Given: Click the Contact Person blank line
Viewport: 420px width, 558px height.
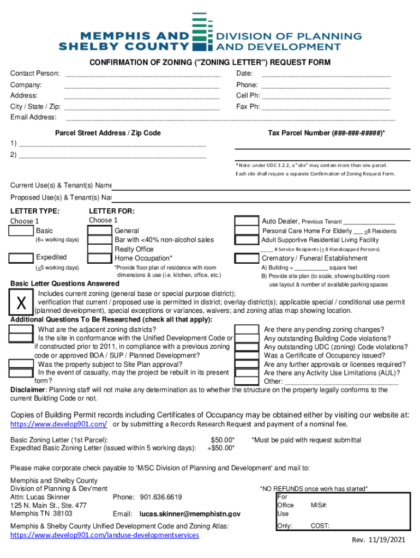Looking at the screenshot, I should pos(142,75).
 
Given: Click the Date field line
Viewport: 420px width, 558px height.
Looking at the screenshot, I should pos(326,75).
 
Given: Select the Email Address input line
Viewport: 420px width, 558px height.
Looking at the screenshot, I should pos(230,118).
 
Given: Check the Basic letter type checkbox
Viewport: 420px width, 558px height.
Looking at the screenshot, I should pos(21,232).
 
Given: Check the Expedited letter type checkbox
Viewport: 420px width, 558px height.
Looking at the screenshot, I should pos(21,258).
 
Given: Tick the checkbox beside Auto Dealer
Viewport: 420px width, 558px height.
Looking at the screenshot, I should pos(247,221).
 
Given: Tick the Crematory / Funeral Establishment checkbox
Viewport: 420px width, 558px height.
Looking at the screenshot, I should pos(247,258).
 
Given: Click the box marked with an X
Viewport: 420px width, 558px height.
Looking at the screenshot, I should pos(21,302).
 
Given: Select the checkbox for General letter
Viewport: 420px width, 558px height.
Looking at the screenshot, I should pos(100,231).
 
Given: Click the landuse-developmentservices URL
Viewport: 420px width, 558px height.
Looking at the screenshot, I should pos(105,535).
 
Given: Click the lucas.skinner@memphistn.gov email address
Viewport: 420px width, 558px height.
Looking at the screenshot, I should pos(190,514).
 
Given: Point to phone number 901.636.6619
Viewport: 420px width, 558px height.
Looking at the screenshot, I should pos(161,497).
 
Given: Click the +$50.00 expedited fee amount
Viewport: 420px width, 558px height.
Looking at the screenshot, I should pos(221,448).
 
